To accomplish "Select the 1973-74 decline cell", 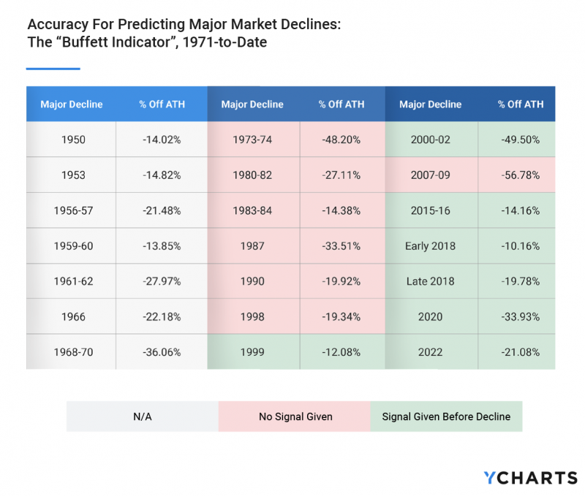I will coord(252,140).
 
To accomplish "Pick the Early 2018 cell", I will coord(430,246).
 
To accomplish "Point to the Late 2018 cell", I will coord(430,281).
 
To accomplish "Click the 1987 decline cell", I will coord(252,246).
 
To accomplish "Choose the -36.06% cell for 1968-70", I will coord(162,352).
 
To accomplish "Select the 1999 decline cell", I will coord(252,352).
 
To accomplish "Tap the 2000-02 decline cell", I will coord(430,140).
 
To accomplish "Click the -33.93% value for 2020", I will coord(520,316).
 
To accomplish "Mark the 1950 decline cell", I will coord(71,140).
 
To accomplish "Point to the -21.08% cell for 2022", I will coord(520,352).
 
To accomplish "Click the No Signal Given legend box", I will coord(295,416).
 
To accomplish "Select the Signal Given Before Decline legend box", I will coord(446,416).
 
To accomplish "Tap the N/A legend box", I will coord(142,416).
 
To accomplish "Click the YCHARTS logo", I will coord(530,478).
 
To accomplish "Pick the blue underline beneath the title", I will coord(53,69).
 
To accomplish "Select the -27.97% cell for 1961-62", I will coord(162,281).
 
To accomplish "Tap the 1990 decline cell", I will coord(252,281).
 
